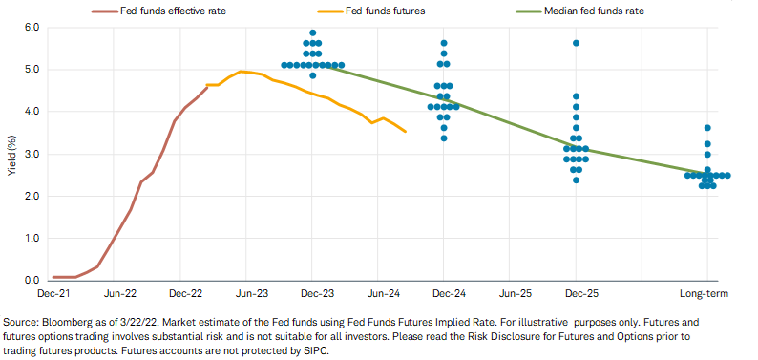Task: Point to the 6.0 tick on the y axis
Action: coord(32,28)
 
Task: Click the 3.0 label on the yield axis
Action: coord(32,154)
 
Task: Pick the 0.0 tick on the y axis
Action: coord(32,281)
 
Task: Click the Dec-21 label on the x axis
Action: coord(47,293)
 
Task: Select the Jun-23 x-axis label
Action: coord(245,293)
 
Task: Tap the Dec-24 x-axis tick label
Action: coord(444,293)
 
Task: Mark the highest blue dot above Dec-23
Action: coord(312,32)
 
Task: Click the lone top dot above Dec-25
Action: coord(576,43)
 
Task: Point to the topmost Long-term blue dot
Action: coord(707,128)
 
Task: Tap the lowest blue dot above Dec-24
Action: coord(444,138)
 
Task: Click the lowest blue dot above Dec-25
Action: coord(576,180)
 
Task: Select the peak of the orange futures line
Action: coord(242,72)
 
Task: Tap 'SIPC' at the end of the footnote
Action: coord(317,351)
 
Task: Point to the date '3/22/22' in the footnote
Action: coord(99,323)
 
